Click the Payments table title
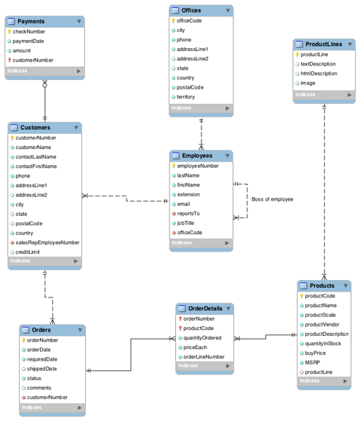coord(31,21)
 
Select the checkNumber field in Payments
coord(28,32)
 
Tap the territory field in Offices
coord(185,97)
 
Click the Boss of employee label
coord(272,199)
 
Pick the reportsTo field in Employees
coord(188,214)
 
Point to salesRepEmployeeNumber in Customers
coord(47,242)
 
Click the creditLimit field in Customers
coord(28,252)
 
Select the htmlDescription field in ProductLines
coord(319,73)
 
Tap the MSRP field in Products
coord(312,363)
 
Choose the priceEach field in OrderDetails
coord(195,348)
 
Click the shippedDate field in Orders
coord(41,369)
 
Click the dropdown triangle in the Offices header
coord(228,10)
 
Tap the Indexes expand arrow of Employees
coord(227,243)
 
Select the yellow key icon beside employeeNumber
coord(174,166)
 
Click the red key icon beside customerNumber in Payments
coord(9,60)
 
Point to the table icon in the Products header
coord(303,286)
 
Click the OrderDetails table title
coord(205,308)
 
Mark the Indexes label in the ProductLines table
coord(305,95)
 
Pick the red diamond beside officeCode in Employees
coord(174,233)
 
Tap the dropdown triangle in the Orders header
coord(80,330)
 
